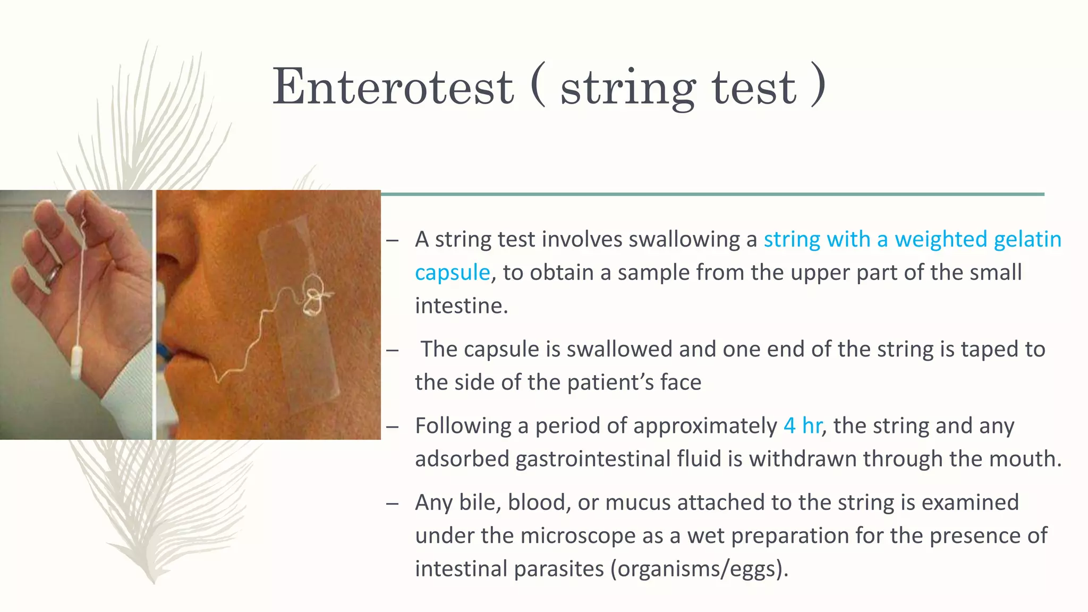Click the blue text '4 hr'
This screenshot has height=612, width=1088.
click(x=802, y=426)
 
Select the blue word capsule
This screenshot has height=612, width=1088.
click(x=452, y=273)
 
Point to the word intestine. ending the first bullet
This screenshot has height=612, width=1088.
click(x=461, y=307)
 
